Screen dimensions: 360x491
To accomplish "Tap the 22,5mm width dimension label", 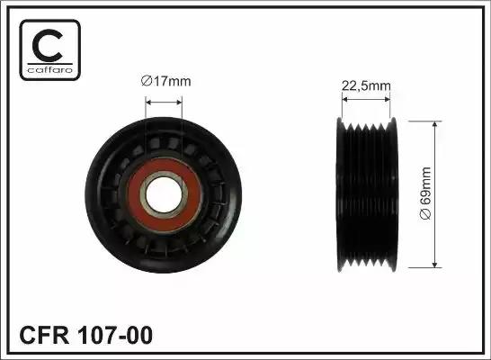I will pos(366,86).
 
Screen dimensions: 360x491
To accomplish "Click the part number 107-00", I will pos(118,337).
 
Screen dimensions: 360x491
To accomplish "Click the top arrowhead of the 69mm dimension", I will pos(436,122).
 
